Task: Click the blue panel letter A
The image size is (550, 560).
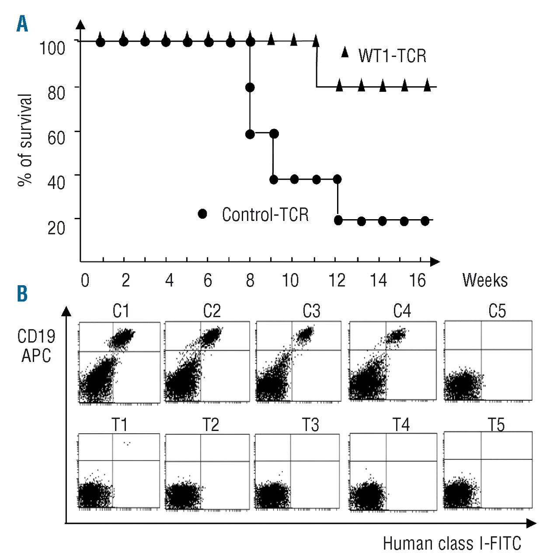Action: pyautogui.click(x=22, y=24)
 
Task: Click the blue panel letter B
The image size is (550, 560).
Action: pyautogui.click(x=22, y=294)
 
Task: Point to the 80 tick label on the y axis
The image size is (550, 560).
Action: pyautogui.click(x=56, y=93)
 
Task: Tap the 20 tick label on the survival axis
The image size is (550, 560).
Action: pyautogui.click(x=56, y=227)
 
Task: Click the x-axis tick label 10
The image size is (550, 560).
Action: pyautogui.click(x=290, y=280)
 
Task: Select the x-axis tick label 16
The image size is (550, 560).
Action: pyautogui.click(x=417, y=280)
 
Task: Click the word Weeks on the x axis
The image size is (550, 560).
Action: pyautogui.click(x=485, y=280)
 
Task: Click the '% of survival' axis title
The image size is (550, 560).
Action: pyautogui.click(x=25, y=140)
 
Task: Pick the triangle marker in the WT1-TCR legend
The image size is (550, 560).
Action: pyautogui.click(x=345, y=52)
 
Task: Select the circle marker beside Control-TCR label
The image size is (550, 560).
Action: pyautogui.click(x=202, y=213)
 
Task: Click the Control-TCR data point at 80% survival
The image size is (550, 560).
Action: pyautogui.click(x=250, y=87)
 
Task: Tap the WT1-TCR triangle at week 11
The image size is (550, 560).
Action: pyautogui.click(x=316, y=42)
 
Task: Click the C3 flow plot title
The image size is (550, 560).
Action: pyautogui.click(x=311, y=311)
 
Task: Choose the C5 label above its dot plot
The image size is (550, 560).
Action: pyautogui.click(x=497, y=311)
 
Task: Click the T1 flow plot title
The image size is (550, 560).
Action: pyautogui.click(x=119, y=425)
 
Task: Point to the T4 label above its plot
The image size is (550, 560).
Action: pyautogui.click(x=401, y=425)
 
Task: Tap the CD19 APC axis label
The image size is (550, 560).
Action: pyautogui.click(x=36, y=346)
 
